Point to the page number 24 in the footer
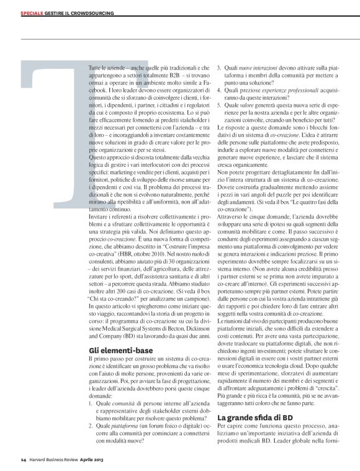[22, 460]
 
